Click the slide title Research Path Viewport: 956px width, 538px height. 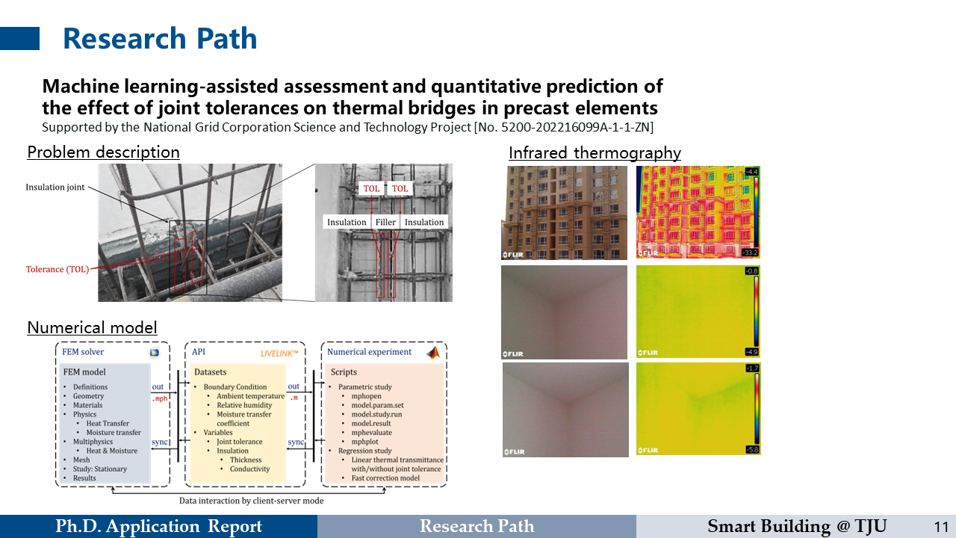point(159,39)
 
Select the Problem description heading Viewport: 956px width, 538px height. point(103,152)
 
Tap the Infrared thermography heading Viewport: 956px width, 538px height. point(595,153)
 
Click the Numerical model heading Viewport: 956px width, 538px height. point(92,327)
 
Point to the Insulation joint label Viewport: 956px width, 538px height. point(55,187)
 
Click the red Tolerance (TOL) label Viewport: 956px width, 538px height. point(58,269)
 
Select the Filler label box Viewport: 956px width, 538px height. point(385,222)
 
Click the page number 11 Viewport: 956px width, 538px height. point(940,527)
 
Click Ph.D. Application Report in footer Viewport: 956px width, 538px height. point(158,527)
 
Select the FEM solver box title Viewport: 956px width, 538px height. point(83,352)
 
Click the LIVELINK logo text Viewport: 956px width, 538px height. point(279,352)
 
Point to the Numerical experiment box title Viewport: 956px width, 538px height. point(369,352)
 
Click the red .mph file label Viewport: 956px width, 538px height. point(158,399)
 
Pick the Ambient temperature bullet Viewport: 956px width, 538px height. point(250,396)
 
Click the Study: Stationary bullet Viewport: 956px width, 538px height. point(99,469)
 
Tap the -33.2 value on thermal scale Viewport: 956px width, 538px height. point(751,253)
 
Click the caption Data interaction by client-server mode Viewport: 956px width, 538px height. point(251,500)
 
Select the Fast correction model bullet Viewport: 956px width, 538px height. point(385,478)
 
